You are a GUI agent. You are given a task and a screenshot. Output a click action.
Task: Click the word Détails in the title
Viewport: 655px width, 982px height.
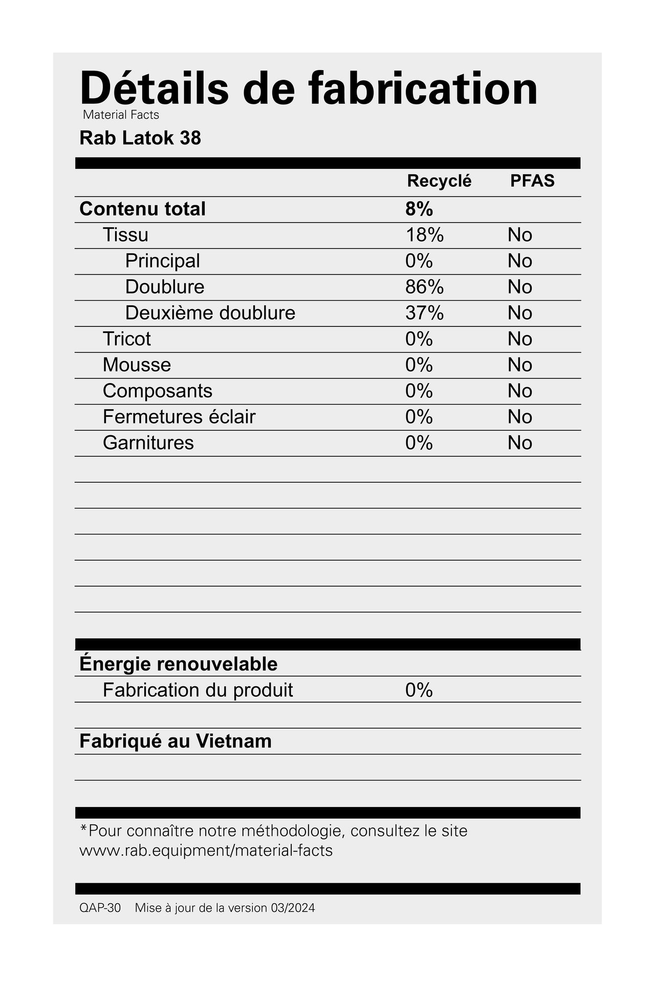pyautogui.click(x=154, y=88)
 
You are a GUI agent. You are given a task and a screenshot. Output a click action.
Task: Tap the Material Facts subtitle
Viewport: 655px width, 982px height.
pyautogui.click(x=121, y=115)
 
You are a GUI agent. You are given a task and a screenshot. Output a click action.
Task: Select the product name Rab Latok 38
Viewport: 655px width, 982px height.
pyautogui.click(x=140, y=138)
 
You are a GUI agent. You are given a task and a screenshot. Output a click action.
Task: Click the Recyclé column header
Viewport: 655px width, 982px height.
pyautogui.click(x=439, y=181)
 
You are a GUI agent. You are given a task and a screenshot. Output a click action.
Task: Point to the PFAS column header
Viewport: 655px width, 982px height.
pyautogui.click(x=532, y=181)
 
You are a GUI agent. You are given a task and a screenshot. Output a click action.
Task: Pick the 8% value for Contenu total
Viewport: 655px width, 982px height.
pyautogui.click(x=419, y=209)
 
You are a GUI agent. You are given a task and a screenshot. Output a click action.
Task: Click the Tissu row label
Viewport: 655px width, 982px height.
pyautogui.click(x=125, y=235)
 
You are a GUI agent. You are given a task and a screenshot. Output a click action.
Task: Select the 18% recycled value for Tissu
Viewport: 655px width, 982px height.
pyautogui.click(x=424, y=235)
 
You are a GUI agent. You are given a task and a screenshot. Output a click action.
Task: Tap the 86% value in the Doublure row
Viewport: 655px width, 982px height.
pyautogui.click(x=424, y=287)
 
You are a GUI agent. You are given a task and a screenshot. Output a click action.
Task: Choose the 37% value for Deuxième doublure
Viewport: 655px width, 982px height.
pyautogui.click(x=424, y=313)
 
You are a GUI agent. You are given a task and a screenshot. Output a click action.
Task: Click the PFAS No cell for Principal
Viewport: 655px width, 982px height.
pyautogui.click(x=520, y=261)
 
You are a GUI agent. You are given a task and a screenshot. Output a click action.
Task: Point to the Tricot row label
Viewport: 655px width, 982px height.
pyautogui.click(x=126, y=339)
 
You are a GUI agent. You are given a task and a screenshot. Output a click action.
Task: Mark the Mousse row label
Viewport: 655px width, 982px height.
pyautogui.click(x=137, y=365)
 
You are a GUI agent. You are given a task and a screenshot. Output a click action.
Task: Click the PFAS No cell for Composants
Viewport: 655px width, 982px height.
pyautogui.click(x=520, y=391)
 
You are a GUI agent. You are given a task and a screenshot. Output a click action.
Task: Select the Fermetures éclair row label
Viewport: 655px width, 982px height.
pyautogui.click(x=179, y=417)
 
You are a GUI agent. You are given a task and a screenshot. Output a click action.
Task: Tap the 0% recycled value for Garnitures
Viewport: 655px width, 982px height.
pyautogui.click(x=419, y=443)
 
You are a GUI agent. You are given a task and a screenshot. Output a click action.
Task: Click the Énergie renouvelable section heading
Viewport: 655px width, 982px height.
pyautogui.click(x=178, y=664)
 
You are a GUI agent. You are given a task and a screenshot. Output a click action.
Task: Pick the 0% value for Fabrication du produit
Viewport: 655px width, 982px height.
pyautogui.click(x=419, y=690)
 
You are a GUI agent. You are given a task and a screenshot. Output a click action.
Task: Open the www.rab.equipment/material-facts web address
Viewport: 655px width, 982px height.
pyautogui.click(x=206, y=851)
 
